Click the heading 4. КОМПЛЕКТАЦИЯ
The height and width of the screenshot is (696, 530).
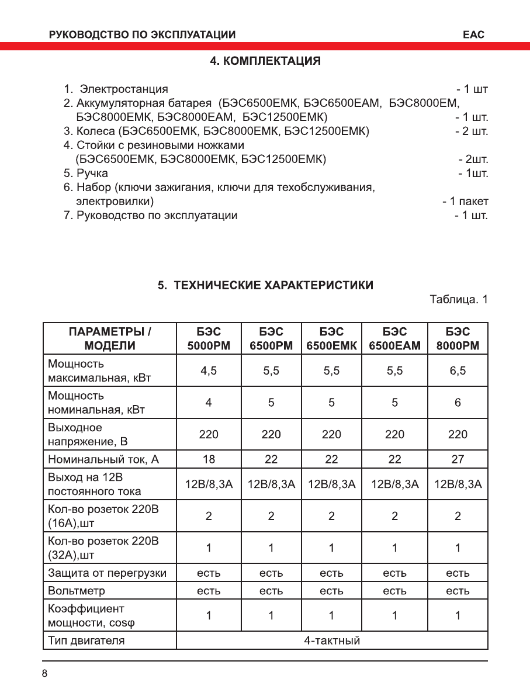(265, 61)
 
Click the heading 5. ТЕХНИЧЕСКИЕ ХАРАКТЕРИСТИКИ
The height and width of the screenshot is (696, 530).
(265, 285)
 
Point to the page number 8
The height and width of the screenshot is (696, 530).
(44, 673)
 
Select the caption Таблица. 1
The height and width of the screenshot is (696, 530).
(459, 300)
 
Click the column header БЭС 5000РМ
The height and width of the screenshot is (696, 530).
(209, 338)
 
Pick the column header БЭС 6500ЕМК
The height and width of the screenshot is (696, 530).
(331, 338)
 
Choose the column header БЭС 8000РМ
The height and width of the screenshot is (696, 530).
(458, 338)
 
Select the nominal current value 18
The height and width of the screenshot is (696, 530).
(209, 459)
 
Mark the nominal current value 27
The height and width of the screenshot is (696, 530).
(458, 459)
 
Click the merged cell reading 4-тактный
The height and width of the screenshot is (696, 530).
(331, 640)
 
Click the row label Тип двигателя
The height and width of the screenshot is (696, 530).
(86, 640)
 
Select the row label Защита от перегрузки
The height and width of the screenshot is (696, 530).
(107, 573)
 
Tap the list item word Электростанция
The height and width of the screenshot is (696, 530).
(124, 89)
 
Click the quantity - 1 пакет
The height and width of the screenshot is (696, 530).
(465, 202)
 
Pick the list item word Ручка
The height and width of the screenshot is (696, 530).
(92, 174)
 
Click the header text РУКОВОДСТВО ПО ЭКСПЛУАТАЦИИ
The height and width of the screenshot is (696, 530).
(143, 34)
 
